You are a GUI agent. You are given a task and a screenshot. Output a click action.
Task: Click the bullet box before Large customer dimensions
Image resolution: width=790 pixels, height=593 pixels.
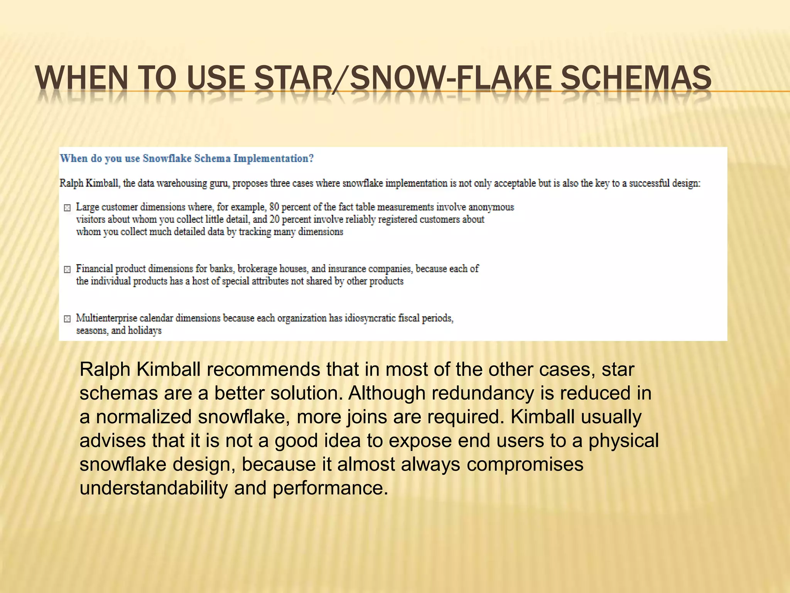tap(67, 208)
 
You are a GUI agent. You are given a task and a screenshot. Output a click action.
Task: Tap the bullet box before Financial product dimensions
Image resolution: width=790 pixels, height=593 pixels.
tap(67, 269)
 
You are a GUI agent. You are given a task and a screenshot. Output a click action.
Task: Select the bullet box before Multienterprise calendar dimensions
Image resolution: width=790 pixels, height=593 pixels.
tap(67, 319)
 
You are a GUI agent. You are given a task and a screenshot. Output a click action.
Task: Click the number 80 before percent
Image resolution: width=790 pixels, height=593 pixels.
tap(274, 207)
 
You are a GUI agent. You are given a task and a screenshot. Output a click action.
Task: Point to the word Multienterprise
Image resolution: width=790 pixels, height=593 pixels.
tap(105, 318)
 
